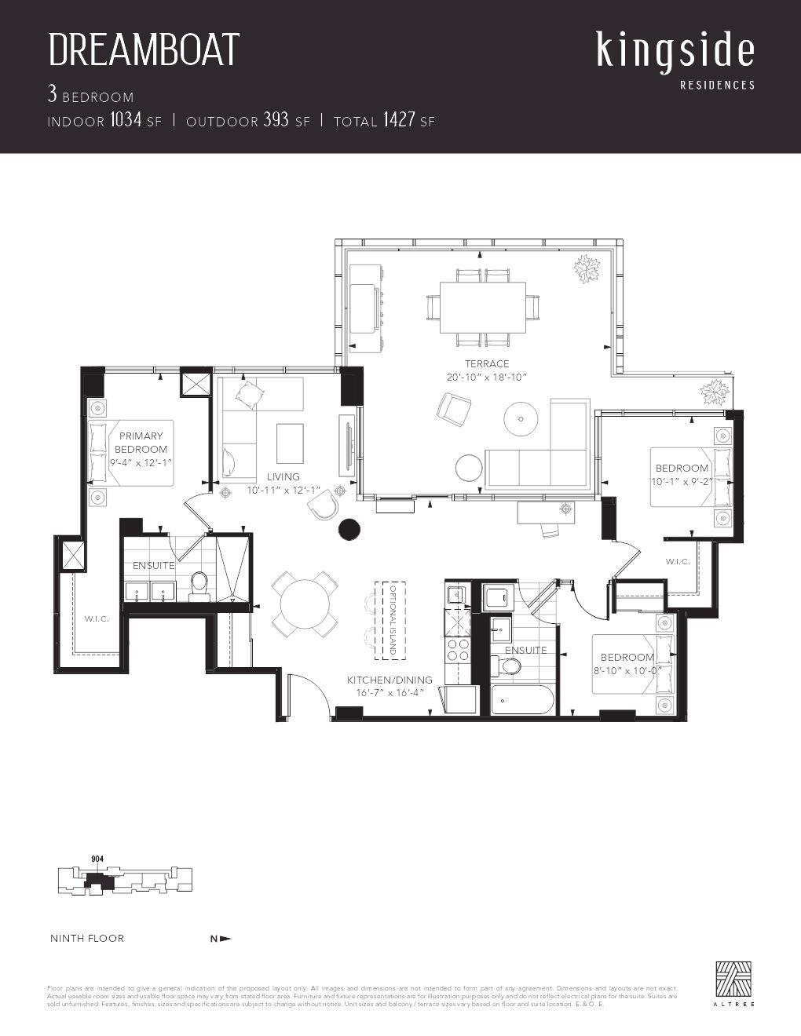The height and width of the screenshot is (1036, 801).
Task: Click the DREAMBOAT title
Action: coord(144,50)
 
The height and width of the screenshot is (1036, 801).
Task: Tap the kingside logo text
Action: coord(675,50)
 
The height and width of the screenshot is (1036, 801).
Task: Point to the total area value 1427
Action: coord(398,120)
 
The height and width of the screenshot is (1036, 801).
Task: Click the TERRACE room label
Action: coord(486,364)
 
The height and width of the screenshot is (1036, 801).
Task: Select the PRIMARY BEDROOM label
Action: coord(141,443)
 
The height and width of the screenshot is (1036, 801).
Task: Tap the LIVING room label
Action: coord(283,476)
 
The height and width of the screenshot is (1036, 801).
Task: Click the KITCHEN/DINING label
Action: coord(390,680)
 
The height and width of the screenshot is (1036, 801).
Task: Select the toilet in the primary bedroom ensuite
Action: coord(199,585)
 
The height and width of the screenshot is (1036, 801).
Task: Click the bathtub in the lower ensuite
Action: coord(522,700)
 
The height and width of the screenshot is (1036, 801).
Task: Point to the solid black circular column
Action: coord(349,530)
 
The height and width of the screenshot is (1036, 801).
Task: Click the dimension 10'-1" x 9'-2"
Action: coord(682,481)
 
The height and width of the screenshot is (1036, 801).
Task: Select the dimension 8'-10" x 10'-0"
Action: coord(627,671)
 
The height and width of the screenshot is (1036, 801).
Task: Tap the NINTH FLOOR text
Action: coord(87,938)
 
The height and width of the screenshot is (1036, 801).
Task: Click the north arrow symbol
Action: coord(221,938)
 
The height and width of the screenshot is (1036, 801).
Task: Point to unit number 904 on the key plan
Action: coord(97,859)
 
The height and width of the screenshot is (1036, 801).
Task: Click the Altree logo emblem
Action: coord(733,979)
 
